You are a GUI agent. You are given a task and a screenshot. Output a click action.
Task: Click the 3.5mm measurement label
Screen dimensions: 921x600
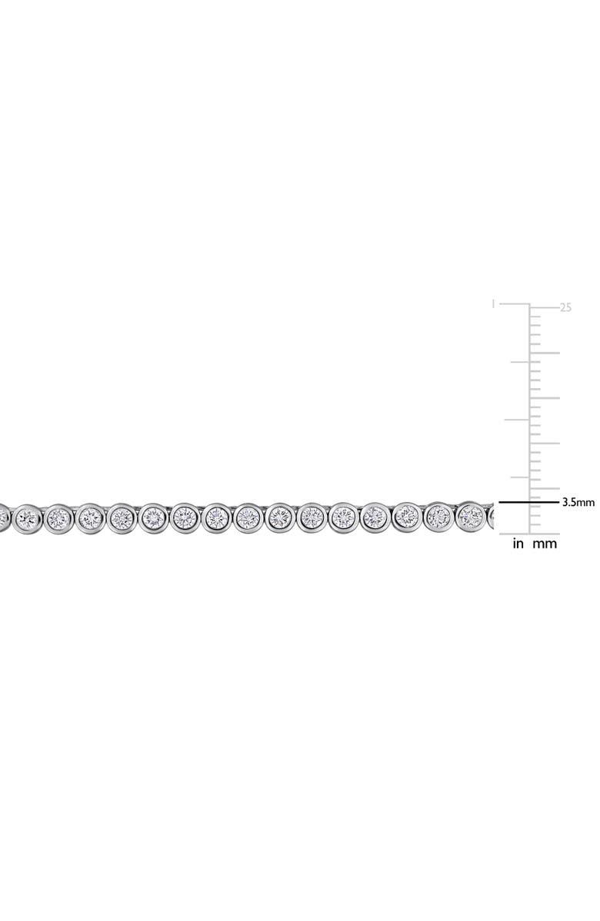pyautogui.click(x=578, y=501)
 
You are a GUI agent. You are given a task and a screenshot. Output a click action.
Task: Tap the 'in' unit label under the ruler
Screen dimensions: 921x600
pyautogui.click(x=518, y=544)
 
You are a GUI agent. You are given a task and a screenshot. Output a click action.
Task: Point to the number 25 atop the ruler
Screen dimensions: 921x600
pyautogui.click(x=566, y=307)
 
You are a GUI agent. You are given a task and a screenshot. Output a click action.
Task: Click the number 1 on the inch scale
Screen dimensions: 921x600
pyautogui.click(x=493, y=304)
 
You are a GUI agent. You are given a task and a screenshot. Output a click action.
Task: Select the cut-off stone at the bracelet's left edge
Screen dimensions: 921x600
pyautogui.click(x=4, y=515)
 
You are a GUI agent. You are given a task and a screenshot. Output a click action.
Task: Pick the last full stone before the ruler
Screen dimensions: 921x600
pyautogui.click(x=470, y=515)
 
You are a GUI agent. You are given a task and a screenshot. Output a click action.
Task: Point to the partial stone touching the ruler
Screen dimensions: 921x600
pyautogui.click(x=492, y=515)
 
